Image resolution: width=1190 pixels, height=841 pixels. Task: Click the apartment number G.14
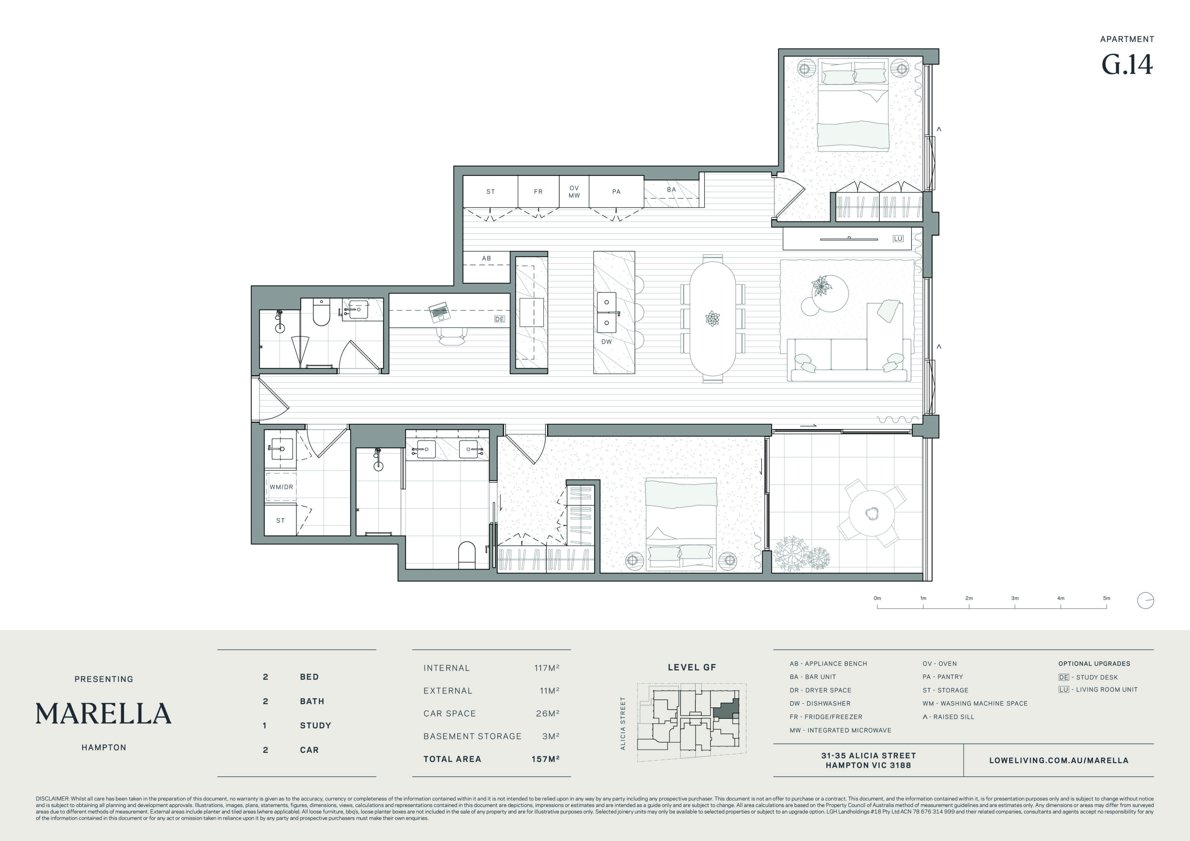[1127, 65]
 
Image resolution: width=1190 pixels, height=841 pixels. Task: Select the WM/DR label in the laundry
[281, 487]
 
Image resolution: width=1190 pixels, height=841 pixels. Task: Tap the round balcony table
[872, 513]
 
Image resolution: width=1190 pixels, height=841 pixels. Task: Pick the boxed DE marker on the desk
[499, 319]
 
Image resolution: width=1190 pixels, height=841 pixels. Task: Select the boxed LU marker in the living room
[898, 238]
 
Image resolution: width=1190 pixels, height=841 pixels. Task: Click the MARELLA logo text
[104, 714]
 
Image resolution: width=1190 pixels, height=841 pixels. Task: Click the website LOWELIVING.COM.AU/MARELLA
[1059, 761]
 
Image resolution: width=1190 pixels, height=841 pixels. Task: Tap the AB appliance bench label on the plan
[486, 258]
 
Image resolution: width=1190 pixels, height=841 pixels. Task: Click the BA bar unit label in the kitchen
[671, 190]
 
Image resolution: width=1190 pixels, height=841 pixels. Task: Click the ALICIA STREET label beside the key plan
[623, 723]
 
